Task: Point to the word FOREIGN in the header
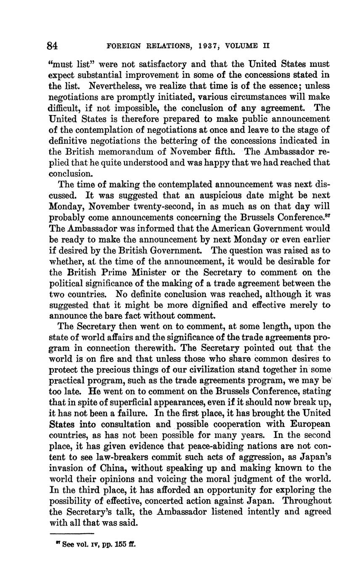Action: [122, 45]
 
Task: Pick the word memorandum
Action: [124, 151]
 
